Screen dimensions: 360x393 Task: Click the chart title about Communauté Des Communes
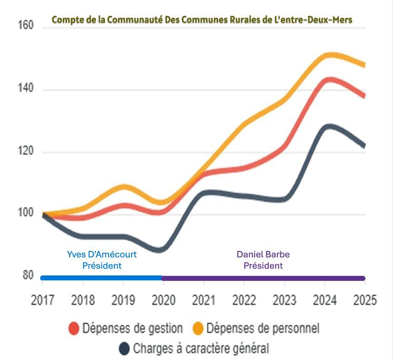coord(202,20)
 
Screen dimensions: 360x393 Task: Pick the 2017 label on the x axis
coord(43,300)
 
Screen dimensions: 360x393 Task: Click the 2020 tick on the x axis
coord(163,300)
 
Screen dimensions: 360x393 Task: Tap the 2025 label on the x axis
coord(365,300)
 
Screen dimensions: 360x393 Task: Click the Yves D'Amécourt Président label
coord(102,260)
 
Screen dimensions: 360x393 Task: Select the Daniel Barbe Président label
coord(263,260)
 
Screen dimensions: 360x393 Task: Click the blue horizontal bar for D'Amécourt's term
coord(102,278)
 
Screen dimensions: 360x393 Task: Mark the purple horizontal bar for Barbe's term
coord(263,278)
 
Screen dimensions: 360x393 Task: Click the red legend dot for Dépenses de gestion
coord(74,328)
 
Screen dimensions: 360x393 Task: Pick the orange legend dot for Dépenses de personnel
coord(198,328)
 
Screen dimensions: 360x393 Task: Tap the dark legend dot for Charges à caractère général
coord(124,349)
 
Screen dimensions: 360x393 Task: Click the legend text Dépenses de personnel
coord(262,328)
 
